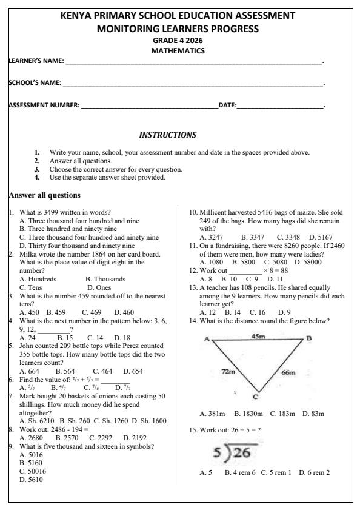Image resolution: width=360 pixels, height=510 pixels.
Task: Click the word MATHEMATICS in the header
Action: [178, 51]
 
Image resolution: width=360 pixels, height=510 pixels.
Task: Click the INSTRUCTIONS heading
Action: [168, 135]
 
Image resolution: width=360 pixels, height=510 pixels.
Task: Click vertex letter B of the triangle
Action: [308, 338]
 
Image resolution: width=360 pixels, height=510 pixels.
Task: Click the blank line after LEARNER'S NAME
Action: [194, 62]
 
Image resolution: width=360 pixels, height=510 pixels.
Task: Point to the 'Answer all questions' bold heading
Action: [44, 195]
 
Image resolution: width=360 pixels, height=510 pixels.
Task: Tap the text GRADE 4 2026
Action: [178, 41]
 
